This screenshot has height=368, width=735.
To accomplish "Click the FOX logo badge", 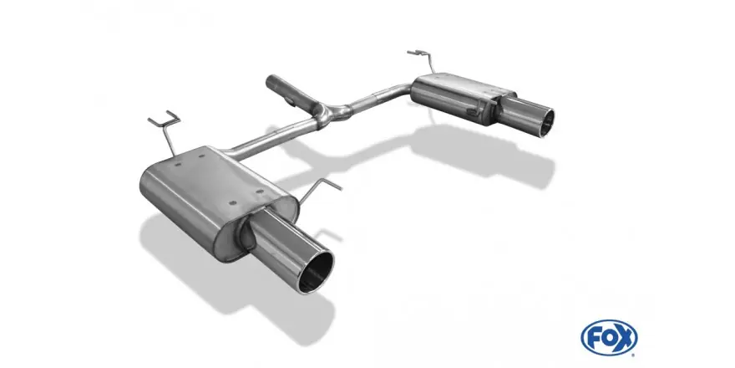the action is click(609, 338).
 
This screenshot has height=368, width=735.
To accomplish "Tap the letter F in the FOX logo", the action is click(594, 338).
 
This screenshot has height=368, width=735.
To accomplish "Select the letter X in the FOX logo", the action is click(625, 338).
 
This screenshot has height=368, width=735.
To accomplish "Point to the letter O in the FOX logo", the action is click(608, 338).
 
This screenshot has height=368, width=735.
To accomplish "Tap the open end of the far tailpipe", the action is click(546, 123).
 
